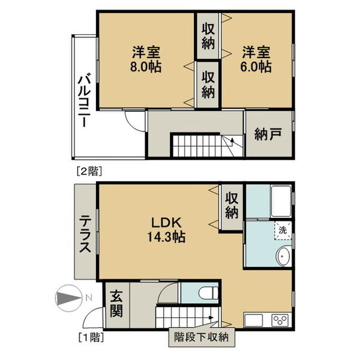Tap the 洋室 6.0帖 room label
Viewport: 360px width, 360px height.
pyautogui.click(x=257, y=58)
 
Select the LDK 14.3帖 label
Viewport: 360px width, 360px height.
pyautogui.click(x=158, y=229)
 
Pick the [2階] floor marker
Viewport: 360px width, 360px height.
pyautogui.click(x=88, y=170)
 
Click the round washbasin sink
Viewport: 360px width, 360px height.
pyautogui.click(x=283, y=257)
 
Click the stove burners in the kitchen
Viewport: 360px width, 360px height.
pyautogui.click(x=280, y=319)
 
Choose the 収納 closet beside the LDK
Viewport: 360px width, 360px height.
pyautogui.click(x=232, y=206)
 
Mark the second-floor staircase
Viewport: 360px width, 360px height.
pyautogui.click(x=204, y=145)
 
